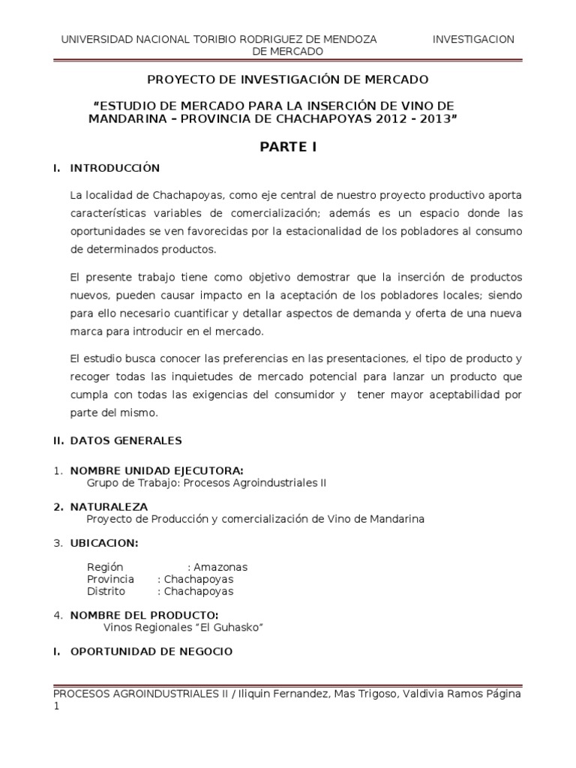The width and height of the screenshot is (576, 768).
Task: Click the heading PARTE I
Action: (288, 147)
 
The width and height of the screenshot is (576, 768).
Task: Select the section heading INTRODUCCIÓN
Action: (115, 168)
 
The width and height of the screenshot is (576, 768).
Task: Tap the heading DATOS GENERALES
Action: (125, 440)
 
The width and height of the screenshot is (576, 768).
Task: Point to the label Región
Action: (104, 567)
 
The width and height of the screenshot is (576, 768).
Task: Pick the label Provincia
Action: (110, 579)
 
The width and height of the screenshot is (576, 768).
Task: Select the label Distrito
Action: (106, 591)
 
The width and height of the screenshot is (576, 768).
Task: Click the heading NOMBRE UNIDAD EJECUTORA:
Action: (156, 470)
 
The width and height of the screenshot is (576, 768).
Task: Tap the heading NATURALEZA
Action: (109, 507)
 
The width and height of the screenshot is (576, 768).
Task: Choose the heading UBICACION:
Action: (103, 543)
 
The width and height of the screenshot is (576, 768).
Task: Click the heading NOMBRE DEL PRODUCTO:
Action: (144, 615)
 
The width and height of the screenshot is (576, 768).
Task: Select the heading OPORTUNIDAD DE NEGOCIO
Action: (151, 652)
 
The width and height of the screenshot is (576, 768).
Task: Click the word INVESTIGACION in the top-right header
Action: (474, 39)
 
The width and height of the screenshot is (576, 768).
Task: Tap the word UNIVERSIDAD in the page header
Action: (95, 39)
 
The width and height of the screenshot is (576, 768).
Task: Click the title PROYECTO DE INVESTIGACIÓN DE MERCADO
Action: (287, 78)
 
